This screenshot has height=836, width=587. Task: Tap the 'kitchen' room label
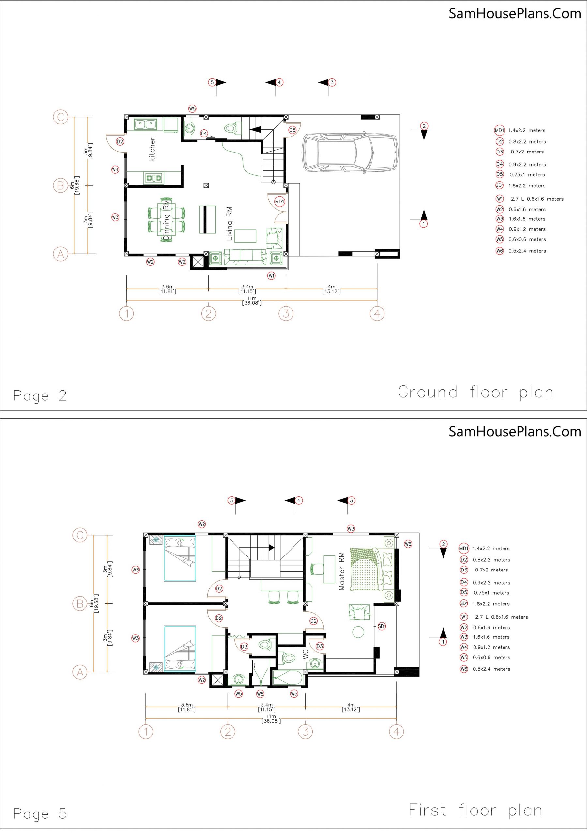[x=152, y=149]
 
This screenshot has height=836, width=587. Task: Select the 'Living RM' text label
[x=229, y=224]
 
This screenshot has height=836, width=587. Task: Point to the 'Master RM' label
[x=341, y=571]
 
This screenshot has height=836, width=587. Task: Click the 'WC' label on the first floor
[x=306, y=654]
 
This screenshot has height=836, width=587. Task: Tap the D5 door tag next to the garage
[x=293, y=130]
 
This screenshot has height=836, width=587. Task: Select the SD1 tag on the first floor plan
[x=382, y=626]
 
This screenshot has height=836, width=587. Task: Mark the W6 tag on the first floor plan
[x=408, y=544]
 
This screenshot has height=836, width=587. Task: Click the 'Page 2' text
[x=40, y=396]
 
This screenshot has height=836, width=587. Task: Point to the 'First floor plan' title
[x=475, y=810]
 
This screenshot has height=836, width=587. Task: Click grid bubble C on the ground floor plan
[x=60, y=117]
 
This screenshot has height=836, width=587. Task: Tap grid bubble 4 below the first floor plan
[x=397, y=731]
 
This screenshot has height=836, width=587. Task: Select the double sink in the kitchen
[x=145, y=124]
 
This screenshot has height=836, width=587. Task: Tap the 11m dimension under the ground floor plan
[x=252, y=300]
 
